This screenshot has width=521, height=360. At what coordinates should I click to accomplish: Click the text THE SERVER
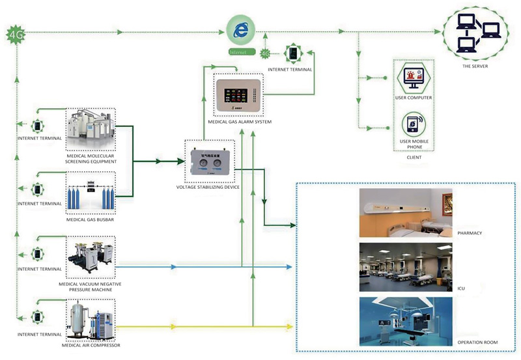(475, 66)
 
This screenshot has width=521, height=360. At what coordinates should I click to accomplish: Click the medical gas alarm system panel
(244, 96)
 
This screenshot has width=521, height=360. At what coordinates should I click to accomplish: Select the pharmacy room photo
(405, 212)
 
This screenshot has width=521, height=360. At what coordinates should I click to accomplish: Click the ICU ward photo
(405, 268)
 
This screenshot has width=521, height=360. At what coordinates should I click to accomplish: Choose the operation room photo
(405, 322)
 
